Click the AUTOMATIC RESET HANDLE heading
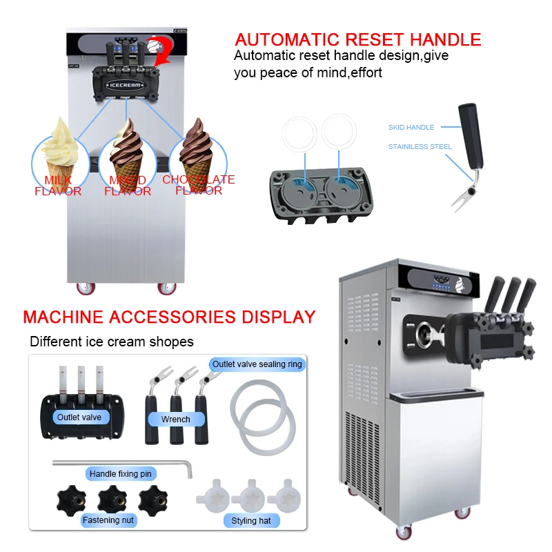(x=357, y=39)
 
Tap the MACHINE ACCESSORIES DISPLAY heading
(x=169, y=317)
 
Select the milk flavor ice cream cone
(x=58, y=148)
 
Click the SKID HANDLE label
(x=411, y=128)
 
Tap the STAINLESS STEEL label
(x=420, y=147)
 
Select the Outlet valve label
(x=79, y=417)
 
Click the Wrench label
(x=175, y=419)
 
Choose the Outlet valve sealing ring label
(x=257, y=364)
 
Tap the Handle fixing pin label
(x=121, y=474)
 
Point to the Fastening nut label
(x=109, y=520)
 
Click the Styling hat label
(x=250, y=521)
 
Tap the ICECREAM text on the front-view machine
(x=124, y=85)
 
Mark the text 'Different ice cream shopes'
(x=112, y=342)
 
